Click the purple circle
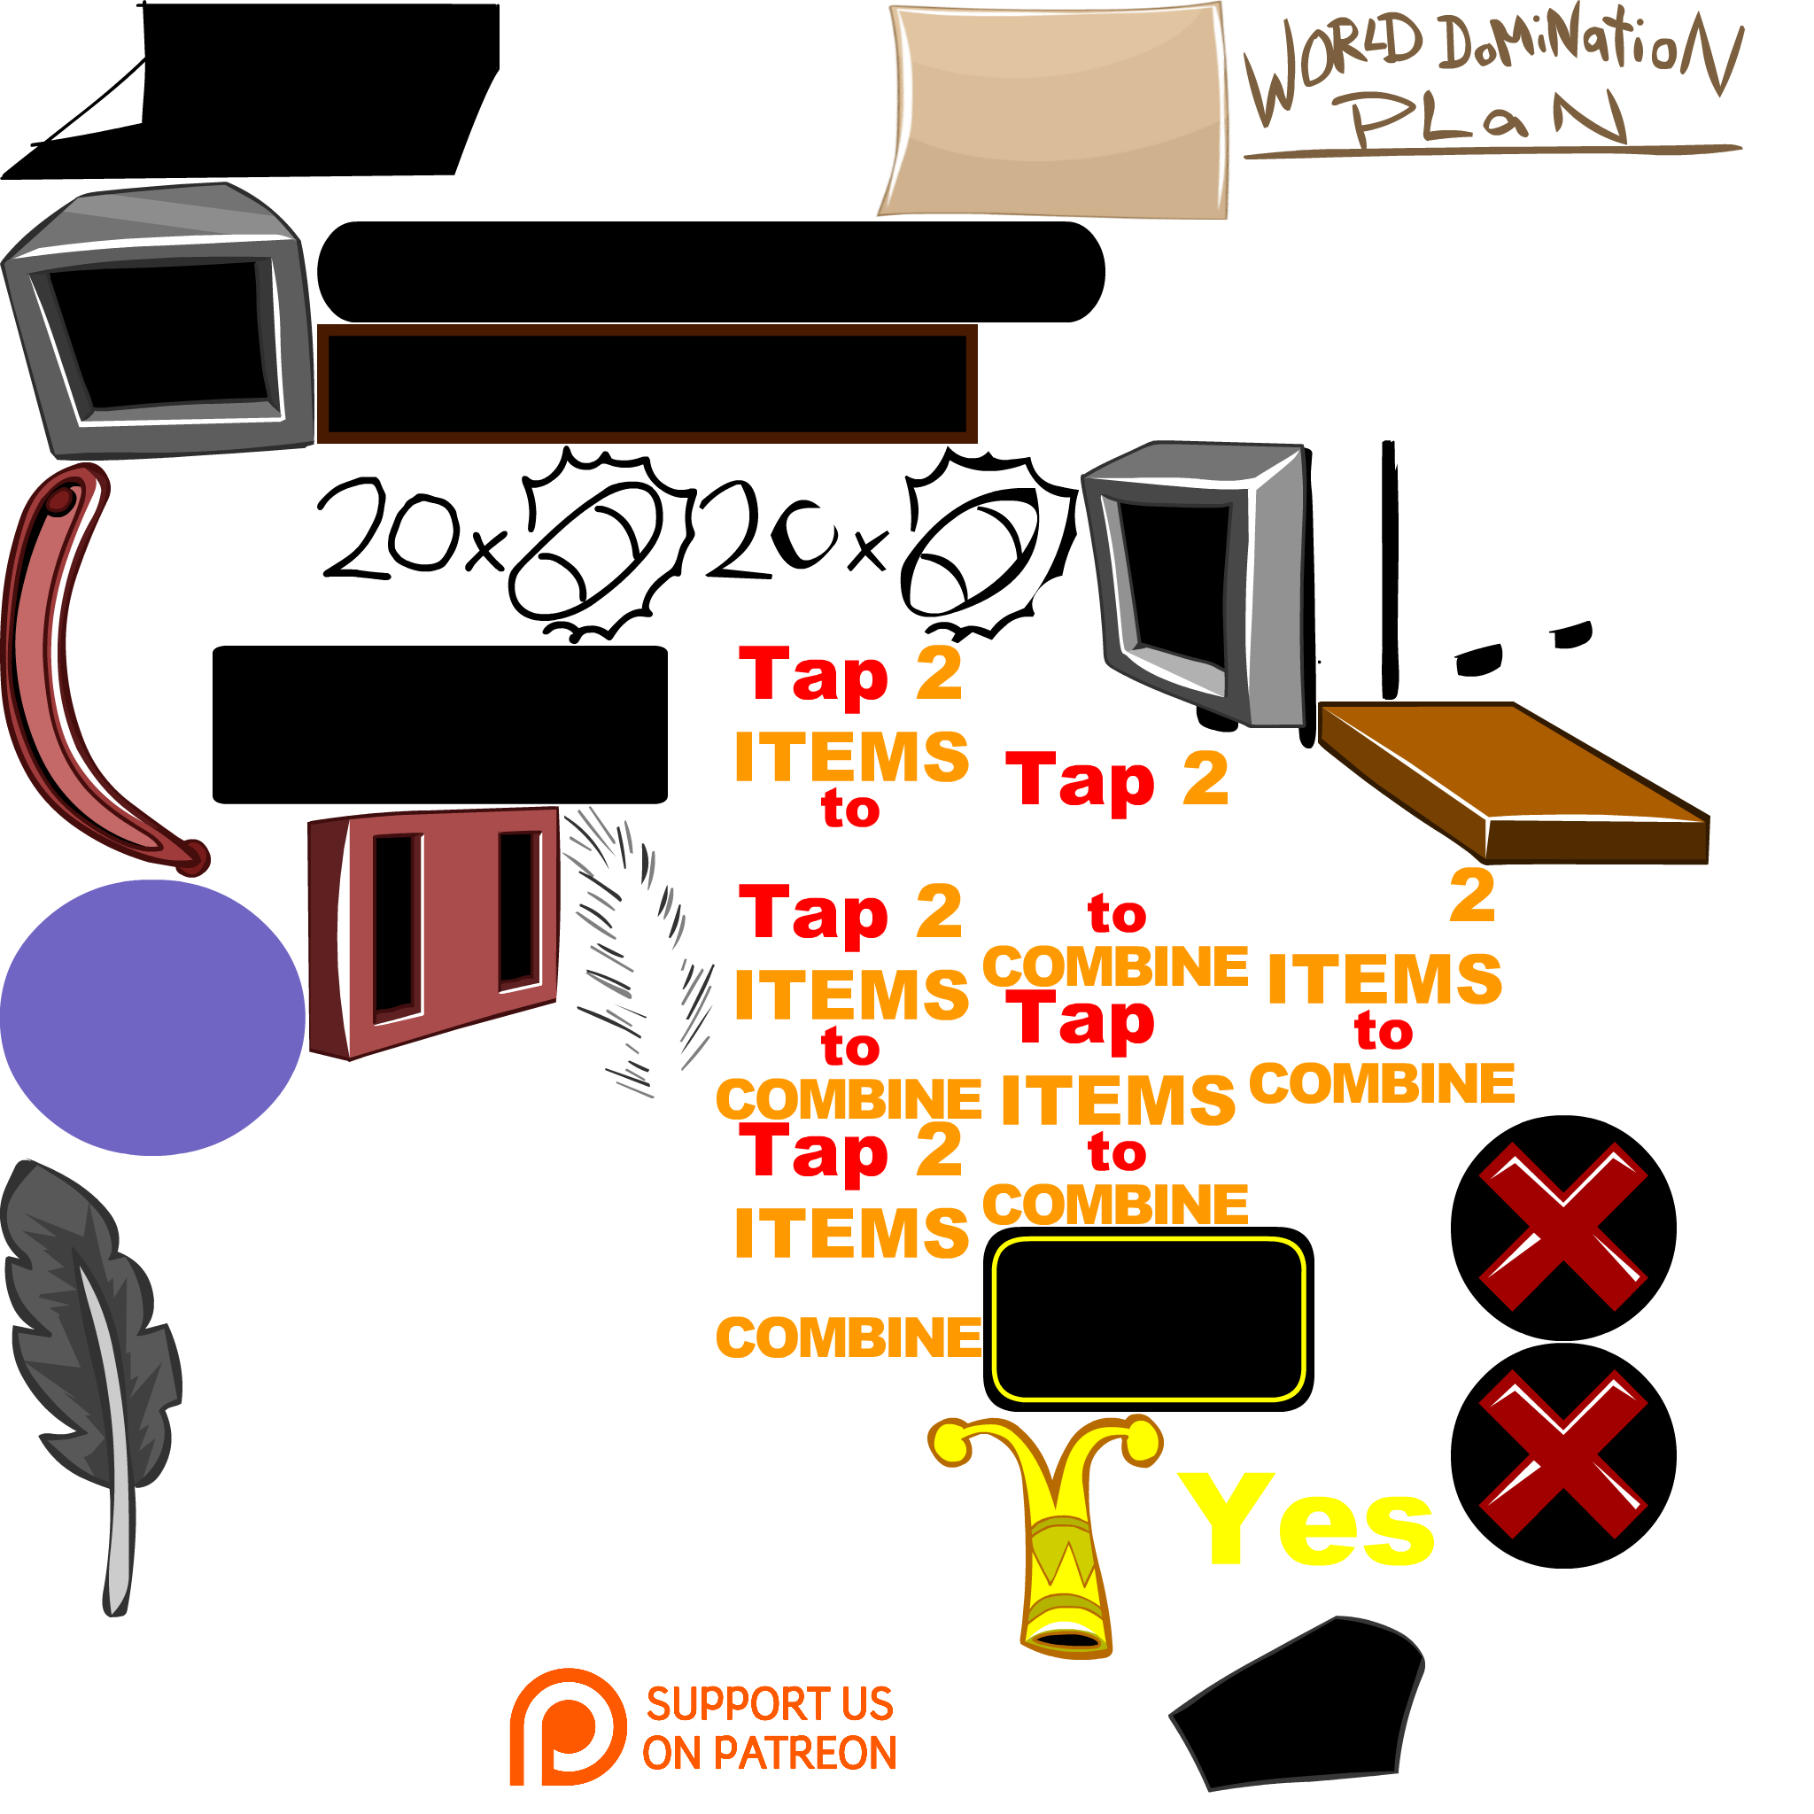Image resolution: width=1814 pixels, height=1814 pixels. click(x=152, y=1017)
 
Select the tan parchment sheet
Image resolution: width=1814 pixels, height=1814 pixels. click(x=1057, y=111)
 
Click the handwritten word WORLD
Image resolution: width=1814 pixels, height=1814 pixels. click(x=1333, y=66)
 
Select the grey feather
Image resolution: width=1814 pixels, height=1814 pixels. click(x=89, y=1361)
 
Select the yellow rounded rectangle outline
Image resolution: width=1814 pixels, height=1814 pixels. click(x=1148, y=1319)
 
